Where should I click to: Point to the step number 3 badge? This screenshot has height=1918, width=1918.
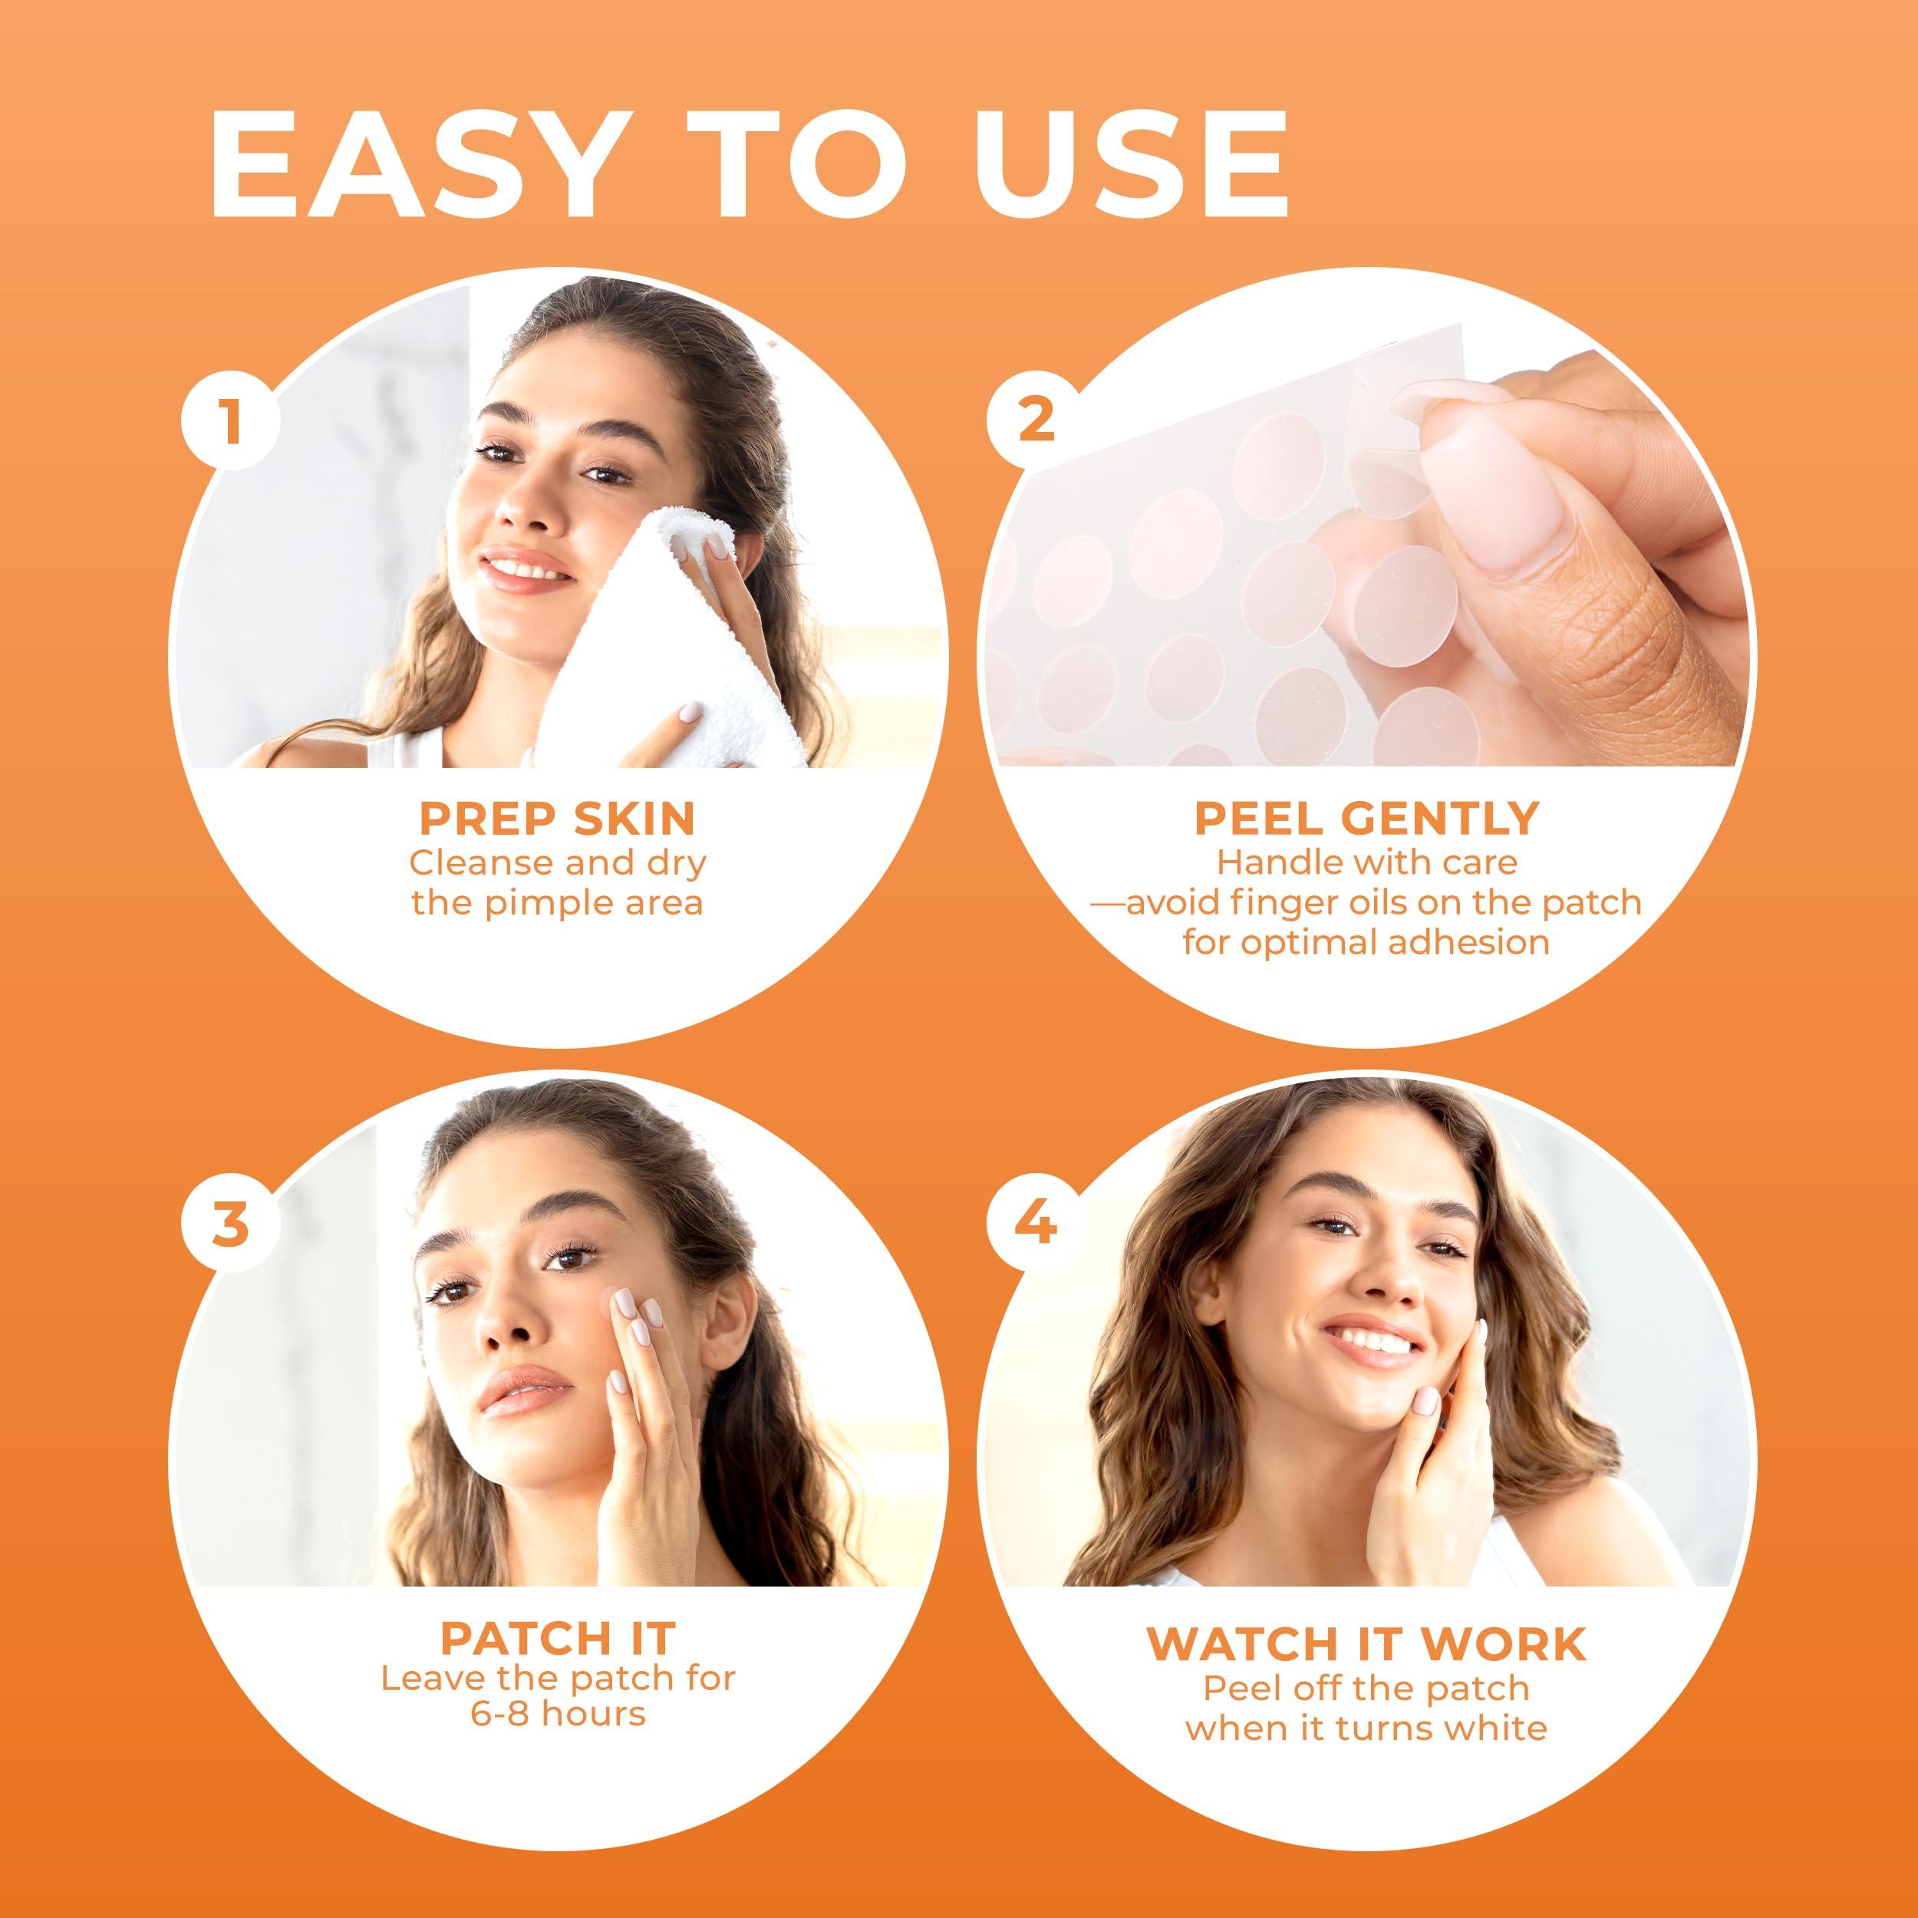point(229,1225)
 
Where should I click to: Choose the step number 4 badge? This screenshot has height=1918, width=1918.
point(1036,1225)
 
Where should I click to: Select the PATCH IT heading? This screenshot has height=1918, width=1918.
point(557,1638)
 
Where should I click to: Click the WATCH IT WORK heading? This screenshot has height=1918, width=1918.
point(1366,1645)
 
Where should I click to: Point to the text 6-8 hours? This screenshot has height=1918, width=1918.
point(557,1713)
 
